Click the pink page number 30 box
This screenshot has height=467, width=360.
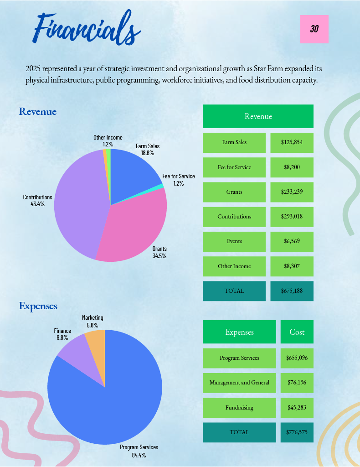coord(314,29)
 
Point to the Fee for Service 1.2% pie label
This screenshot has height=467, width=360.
coord(179,180)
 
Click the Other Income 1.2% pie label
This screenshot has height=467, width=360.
coord(108,140)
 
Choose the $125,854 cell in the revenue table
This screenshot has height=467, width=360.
coord(292,143)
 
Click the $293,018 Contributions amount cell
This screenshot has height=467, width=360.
coord(292,217)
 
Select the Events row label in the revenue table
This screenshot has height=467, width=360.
coord(234,242)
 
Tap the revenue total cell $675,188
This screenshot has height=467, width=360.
coord(292,291)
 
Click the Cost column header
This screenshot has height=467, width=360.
coord(297,332)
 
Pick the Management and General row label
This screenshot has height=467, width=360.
coord(239,383)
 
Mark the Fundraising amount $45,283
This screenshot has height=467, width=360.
coord(297,407)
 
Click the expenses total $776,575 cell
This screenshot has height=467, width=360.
coord(297,432)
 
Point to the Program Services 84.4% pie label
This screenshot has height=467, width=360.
coord(139,451)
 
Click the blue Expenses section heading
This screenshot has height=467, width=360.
coord(38,306)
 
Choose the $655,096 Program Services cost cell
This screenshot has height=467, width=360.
coord(297,358)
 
